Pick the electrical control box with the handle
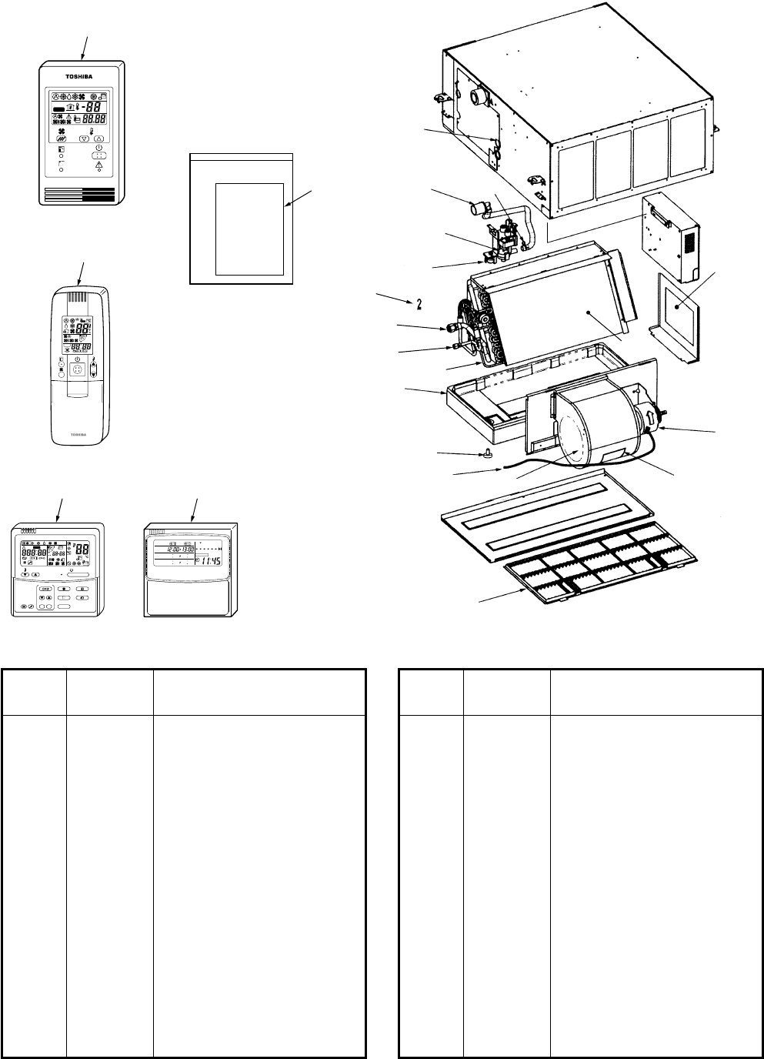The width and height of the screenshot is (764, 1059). [x=669, y=239]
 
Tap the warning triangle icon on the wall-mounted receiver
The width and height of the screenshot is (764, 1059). [x=98, y=165]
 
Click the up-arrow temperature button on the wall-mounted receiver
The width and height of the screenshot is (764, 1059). [x=99, y=139]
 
